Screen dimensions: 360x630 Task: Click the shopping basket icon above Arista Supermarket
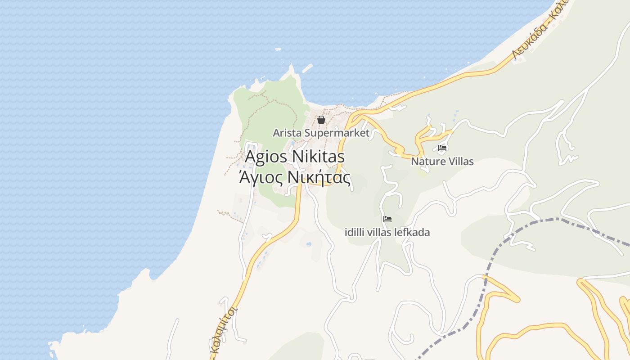pyautogui.click(x=321, y=120)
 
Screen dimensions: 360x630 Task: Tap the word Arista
pyautogui.click(x=287, y=133)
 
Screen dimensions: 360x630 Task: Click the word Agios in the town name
pyautogui.click(x=266, y=157)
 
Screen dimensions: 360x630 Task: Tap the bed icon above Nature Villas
pyautogui.click(x=442, y=148)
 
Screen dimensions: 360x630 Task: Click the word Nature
pyautogui.click(x=426, y=161)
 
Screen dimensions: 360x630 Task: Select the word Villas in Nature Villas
pyautogui.click(x=459, y=161)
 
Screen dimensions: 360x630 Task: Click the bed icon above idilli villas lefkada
pyautogui.click(x=387, y=219)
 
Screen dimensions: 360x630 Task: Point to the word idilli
pyautogui.click(x=354, y=233)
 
